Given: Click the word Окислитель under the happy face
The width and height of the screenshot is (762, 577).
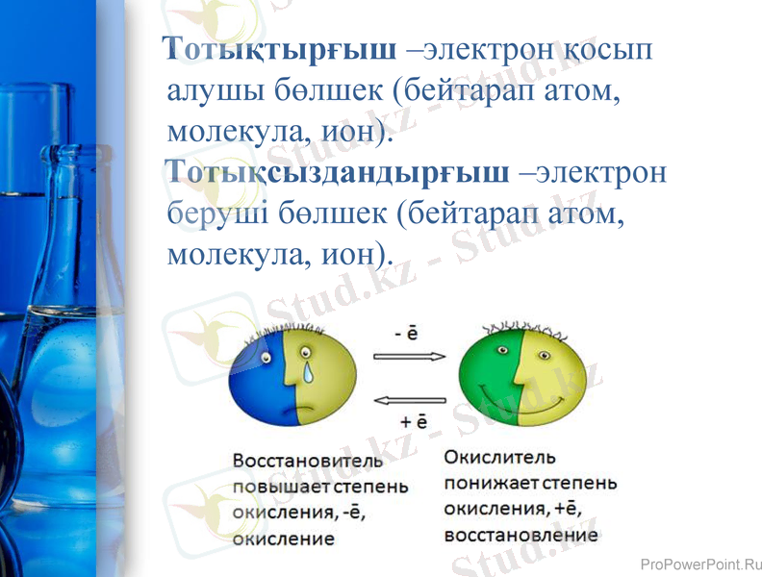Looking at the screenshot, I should point(499,458).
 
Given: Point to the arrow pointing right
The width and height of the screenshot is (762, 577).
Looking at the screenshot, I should point(409,356).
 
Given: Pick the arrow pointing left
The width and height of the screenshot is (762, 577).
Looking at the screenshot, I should point(409,399).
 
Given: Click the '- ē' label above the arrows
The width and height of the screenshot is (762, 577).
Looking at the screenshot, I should point(406,334).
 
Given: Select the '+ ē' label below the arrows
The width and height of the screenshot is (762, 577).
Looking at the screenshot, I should point(413,421).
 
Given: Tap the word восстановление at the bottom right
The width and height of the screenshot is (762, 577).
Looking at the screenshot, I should point(521,536).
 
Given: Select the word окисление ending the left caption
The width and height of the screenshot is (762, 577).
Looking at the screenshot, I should point(284,539).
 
